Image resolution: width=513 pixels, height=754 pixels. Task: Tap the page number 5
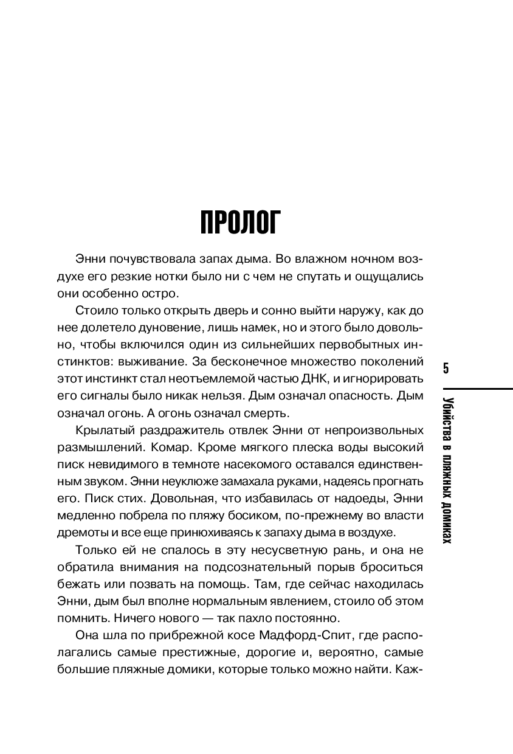point(446,369)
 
